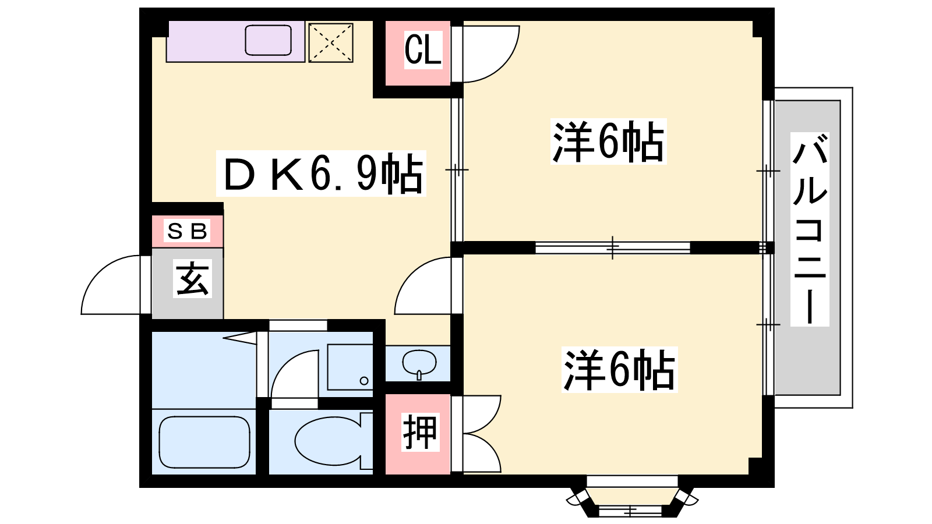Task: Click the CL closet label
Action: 423,50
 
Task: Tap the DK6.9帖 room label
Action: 321,174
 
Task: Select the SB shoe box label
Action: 187,231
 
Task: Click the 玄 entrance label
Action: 192,279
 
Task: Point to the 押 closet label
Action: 420,433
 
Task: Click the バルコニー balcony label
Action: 810,229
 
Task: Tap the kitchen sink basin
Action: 269,40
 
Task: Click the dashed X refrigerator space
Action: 331,43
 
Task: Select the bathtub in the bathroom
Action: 204,442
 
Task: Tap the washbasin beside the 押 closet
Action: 419,364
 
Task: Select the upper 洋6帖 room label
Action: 608,141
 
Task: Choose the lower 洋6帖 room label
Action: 619,370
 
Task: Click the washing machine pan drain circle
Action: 364,381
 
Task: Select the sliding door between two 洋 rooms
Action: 612,248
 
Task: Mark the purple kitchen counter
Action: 235,41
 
